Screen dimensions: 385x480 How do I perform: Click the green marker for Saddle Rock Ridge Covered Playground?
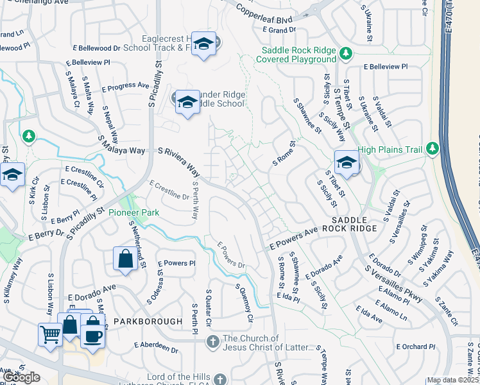[346, 53]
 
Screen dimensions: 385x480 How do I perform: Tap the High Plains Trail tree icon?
[432, 149]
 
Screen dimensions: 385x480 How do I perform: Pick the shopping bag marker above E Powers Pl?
[125, 259]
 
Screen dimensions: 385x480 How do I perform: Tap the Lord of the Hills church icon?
[220, 379]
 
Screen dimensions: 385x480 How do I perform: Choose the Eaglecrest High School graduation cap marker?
[203, 44]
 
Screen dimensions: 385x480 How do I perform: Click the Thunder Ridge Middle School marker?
[187, 102]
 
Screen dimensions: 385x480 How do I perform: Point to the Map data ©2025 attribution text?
[452, 380]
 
